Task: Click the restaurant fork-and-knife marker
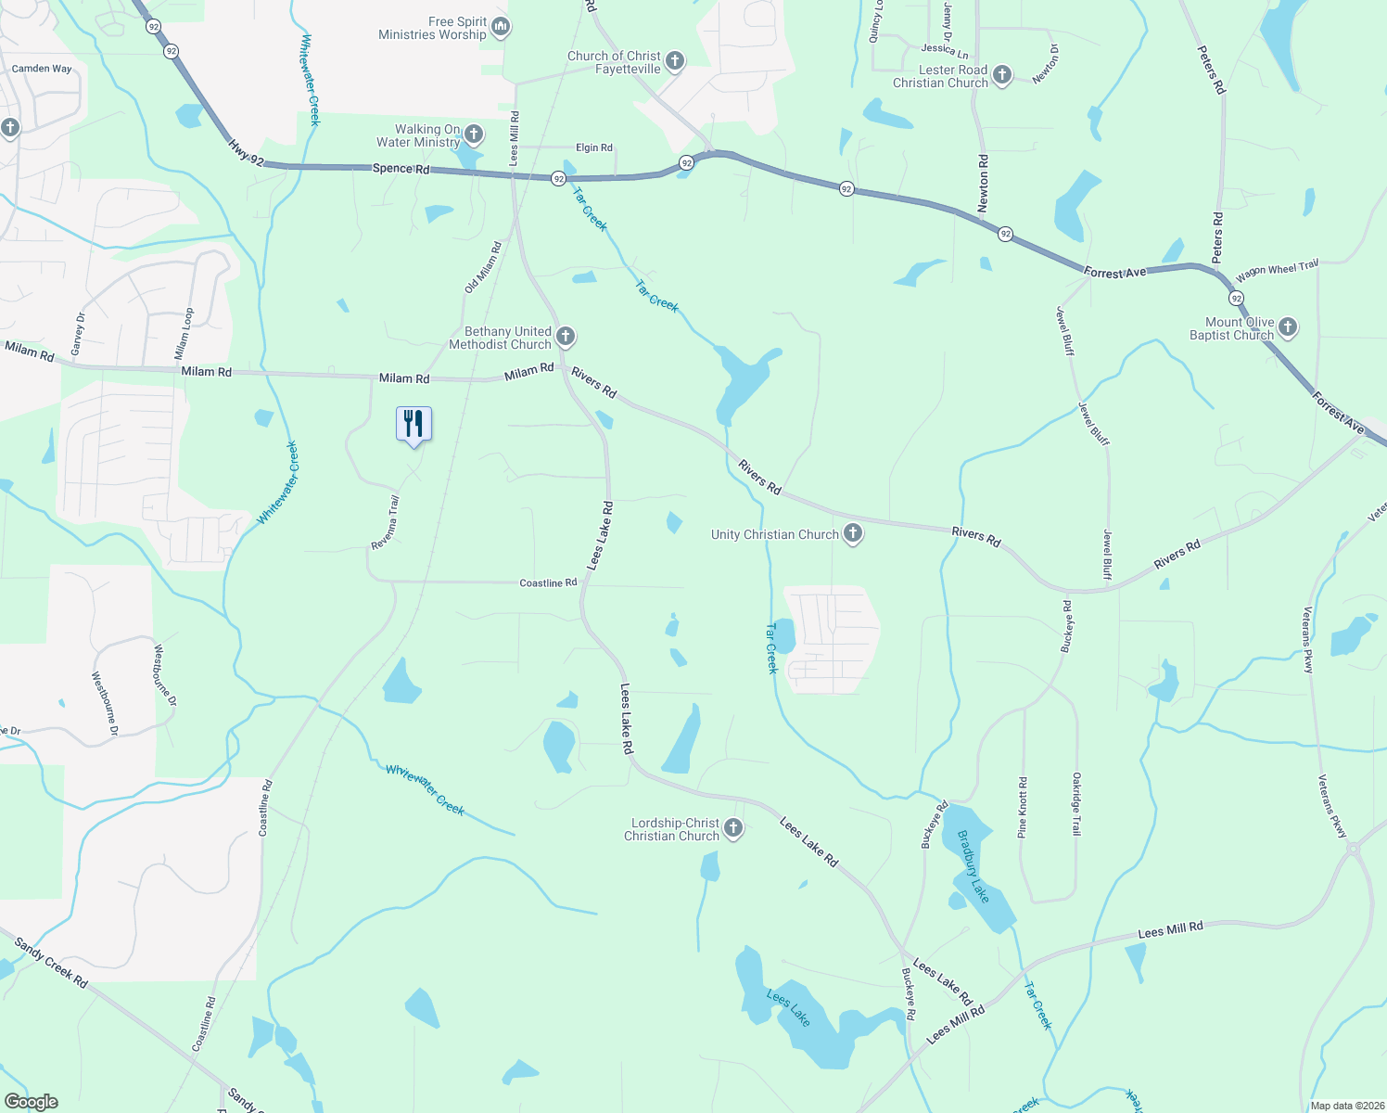(x=414, y=424)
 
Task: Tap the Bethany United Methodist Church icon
(x=566, y=337)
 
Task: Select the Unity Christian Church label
(x=774, y=534)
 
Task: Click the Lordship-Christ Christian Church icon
(x=733, y=828)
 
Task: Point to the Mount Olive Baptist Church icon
(x=1287, y=327)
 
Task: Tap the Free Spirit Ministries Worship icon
(x=501, y=27)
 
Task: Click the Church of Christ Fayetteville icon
(x=675, y=61)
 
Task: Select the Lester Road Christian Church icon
(x=1002, y=75)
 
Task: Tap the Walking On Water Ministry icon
(x=473, y=134)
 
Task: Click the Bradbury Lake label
(x=973, y=866)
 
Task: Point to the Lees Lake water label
(x=788, y=1008)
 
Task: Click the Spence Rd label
(x=401, y=169)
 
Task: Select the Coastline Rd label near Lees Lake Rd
(x=548, y=582)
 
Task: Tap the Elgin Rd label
(x=593, y=147)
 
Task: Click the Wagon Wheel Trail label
(x=1277, y=271)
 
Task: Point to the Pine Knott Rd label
(x=1023, y=807)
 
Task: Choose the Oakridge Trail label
(x=1076, y=803)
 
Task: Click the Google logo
(x=32, y=1102)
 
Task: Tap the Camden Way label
(x=42, y=69)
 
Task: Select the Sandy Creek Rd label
(x=51, y=963)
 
